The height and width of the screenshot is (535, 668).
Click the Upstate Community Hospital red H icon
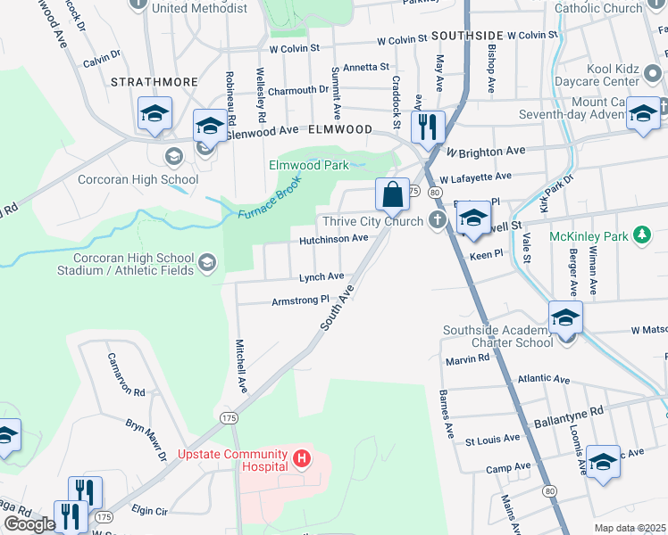pos(303,460)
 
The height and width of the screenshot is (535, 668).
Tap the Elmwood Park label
pos(310,165)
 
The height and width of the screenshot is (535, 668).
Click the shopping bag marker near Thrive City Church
pos(392,193)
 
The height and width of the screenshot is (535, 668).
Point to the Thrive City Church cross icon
pos(437,220)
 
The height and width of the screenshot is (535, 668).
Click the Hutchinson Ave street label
pos(333,239)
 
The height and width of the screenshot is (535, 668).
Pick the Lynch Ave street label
pos(321,277)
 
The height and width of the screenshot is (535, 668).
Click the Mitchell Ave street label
pos(241,366)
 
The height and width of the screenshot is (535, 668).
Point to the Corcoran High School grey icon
pos(173,157)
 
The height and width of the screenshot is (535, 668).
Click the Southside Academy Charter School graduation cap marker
pos(564,317)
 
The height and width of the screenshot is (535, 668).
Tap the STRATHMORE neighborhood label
pos(154,81)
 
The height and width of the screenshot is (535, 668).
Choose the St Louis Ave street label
pos(493,438)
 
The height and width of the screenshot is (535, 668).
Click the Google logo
pos(29,523)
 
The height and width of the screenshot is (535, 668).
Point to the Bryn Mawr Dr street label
pos(146,440)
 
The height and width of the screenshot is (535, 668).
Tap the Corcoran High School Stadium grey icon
pos(207,261)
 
